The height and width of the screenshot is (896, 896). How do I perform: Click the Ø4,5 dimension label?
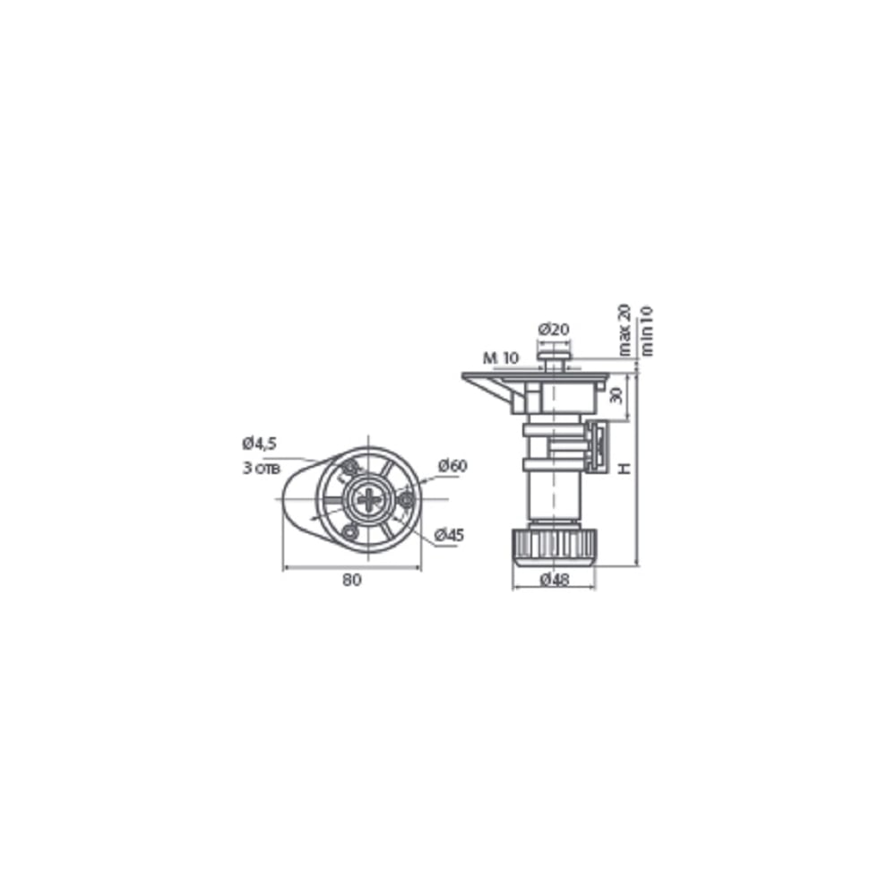pos(259,443)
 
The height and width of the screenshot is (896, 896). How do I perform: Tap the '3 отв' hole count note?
pos(261,468)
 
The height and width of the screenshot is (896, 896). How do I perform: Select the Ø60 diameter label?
pos(452,466)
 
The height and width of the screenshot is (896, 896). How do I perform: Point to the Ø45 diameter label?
pos(449,536)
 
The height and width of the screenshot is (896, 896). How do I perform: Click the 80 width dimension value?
pos(352,580)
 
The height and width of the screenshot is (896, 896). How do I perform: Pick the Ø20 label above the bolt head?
pos(554,329)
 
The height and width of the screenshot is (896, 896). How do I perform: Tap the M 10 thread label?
pos(501,358)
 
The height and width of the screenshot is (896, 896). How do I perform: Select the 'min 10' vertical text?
pos(646,332)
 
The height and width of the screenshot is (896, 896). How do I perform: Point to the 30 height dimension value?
pos(616,395)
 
